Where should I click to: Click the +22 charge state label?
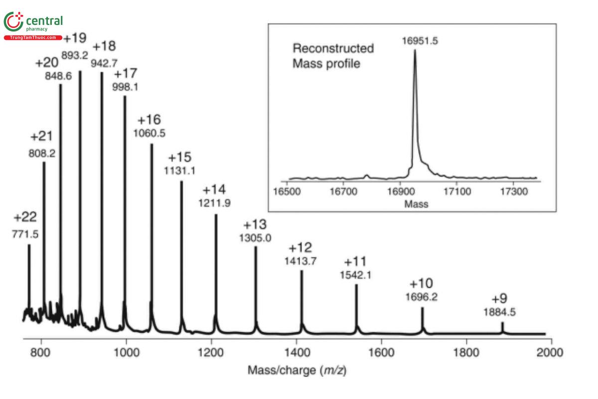[25, 217]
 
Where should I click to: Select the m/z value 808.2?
[42, 154]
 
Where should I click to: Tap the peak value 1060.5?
[149, 133]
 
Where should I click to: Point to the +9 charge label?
[499, 299]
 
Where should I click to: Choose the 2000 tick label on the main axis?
[551, 352]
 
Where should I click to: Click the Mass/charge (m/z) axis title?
[297, 371]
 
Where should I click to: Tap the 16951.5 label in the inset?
[420, 41]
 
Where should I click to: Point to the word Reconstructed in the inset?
[333, 48]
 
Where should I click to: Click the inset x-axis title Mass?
[416, 203]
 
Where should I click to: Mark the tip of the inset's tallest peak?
[415, 50]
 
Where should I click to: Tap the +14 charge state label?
[214, 190]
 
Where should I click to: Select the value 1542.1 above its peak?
[356, 275]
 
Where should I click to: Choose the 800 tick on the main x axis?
[41, 352]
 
